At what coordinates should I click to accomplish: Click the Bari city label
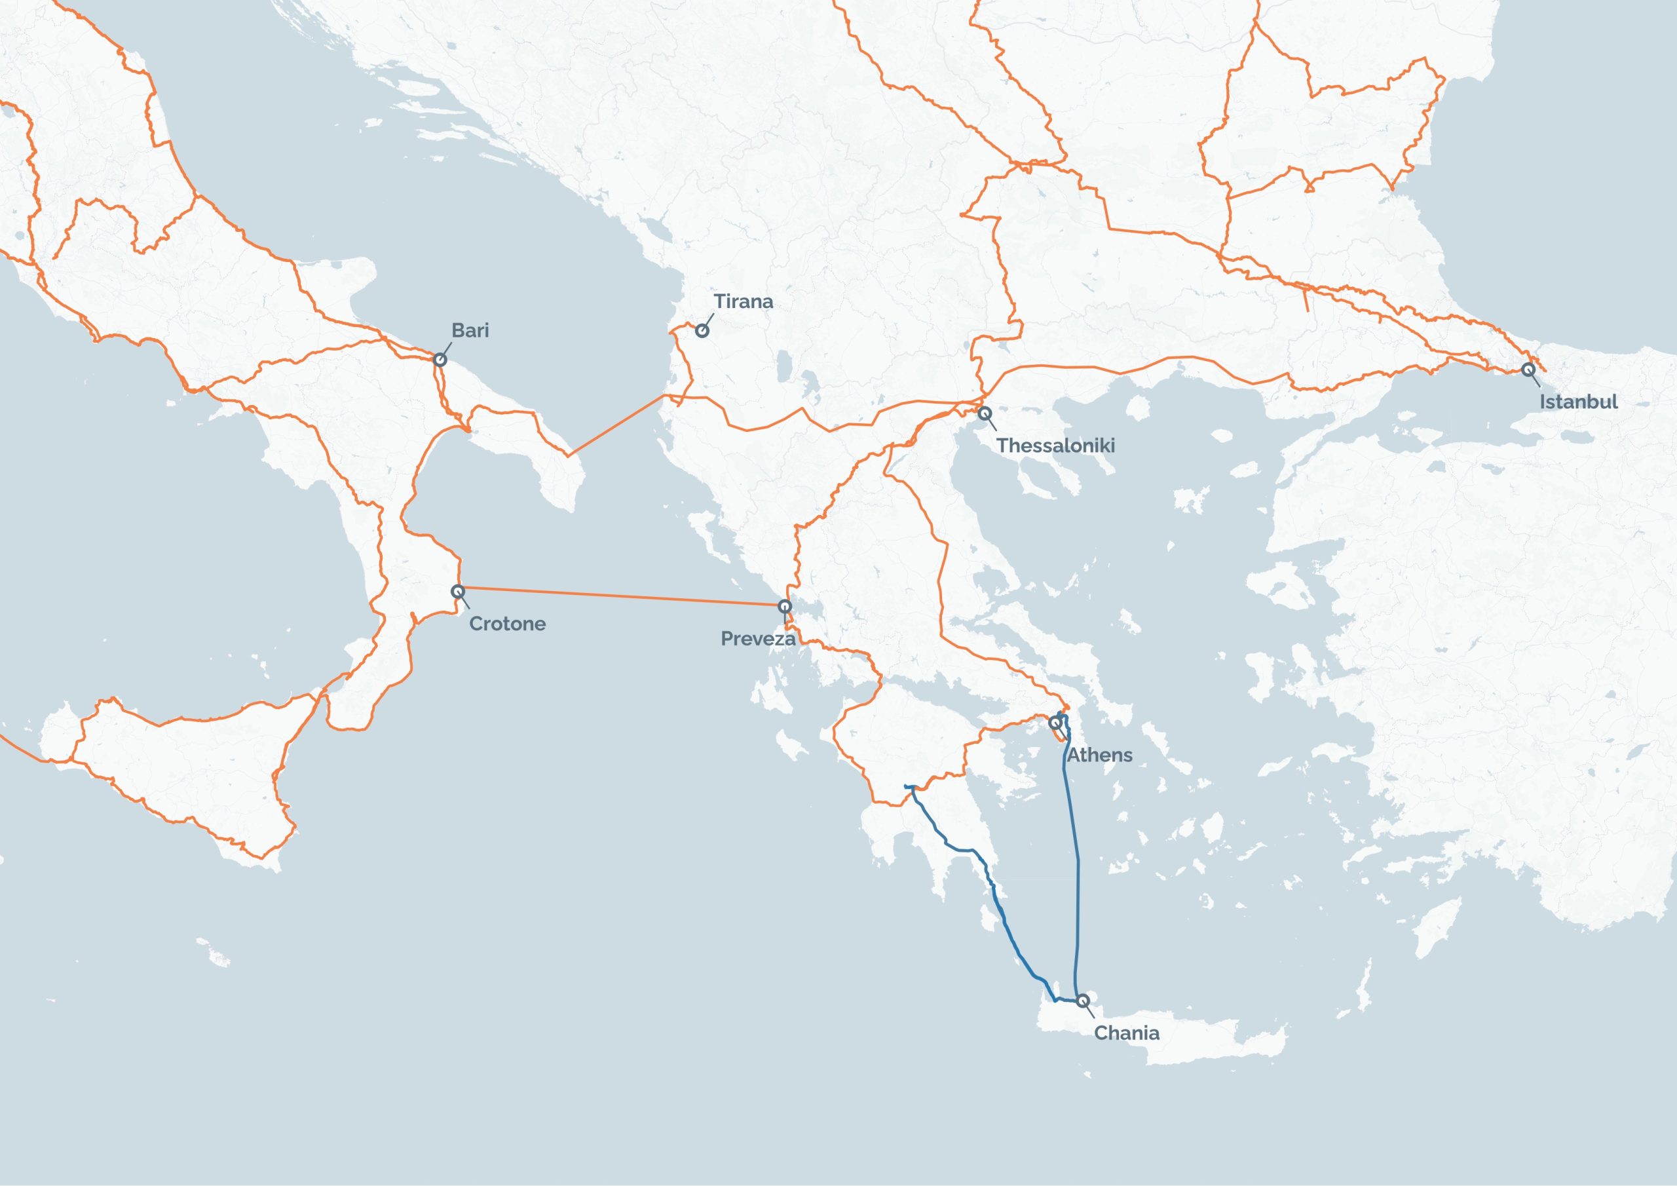pyautogui.click(x=470, y=330)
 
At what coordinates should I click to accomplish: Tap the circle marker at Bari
pyautogui.click(x=440, y=360)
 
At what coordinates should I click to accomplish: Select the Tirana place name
pyautogui.click(x=743, y=301)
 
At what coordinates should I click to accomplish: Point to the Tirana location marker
pyautogui.click(x=702, y=330)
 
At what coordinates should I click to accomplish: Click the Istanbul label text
pyautogui.click(x=1578, y=402)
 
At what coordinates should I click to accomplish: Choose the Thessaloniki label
pyautogui.click(x=1055, y=446)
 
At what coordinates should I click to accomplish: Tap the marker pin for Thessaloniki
pyautogui.click(x=985, y=413)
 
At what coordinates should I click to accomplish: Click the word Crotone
pyautogui.click(x=507, y=624)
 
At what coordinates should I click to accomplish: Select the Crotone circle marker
pyautogui.click(x=458, y=591)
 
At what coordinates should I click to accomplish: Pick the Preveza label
pyautogui.click(x=757, y=640)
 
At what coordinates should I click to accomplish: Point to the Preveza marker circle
pyautogui.click(x=784, y=606)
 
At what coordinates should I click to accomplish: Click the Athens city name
pyautogui.click(x=1099, y=756)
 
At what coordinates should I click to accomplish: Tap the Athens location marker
pyautogui.click(x=1055, y=723)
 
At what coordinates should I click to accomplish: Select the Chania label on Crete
pyautogui.click(x=1126, y=1033)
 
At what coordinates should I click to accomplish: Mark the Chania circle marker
pyautogui.click(x=1082, y=1000)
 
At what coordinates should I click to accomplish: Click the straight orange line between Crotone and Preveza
pyautogui.click(x=621, y=597)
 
